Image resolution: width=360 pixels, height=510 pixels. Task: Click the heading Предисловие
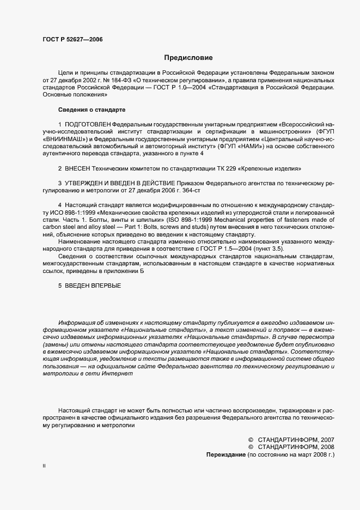point(188,57)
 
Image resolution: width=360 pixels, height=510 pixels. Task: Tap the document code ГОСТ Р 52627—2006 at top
point(72,39)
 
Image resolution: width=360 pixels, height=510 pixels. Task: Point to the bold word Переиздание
point(225,454)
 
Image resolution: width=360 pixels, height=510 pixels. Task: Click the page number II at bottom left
point(44,466)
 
